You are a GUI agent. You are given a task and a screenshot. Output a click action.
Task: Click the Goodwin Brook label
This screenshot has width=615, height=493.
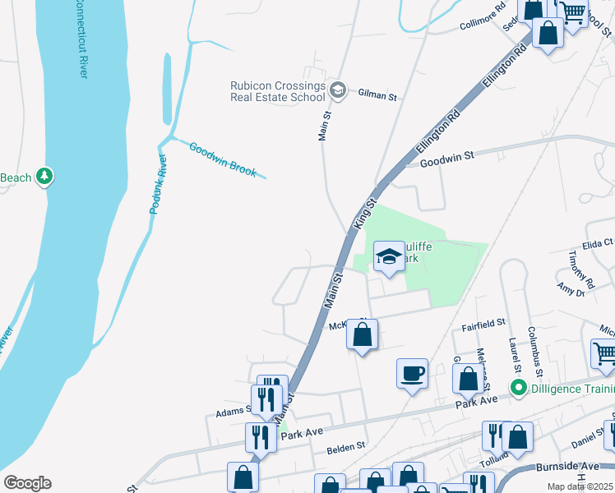click(223, 160)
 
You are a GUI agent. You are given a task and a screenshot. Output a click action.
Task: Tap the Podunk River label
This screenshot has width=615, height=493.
click(158, 184)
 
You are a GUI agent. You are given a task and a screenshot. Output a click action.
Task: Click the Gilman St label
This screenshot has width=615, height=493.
click(377, 96)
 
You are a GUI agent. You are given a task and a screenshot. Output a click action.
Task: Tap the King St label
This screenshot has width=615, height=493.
click(364, 212)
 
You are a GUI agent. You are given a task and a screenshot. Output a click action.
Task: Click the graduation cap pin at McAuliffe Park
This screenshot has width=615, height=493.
click(389, 258)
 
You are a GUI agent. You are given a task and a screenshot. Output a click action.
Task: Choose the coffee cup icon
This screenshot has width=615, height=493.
click(412, 374)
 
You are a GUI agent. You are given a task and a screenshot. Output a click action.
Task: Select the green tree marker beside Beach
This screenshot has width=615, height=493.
click(45, 177)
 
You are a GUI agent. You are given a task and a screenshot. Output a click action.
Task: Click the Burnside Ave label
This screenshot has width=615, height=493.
click(568, 466)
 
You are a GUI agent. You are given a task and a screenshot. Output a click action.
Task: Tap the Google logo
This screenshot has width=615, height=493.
click(27, 483)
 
